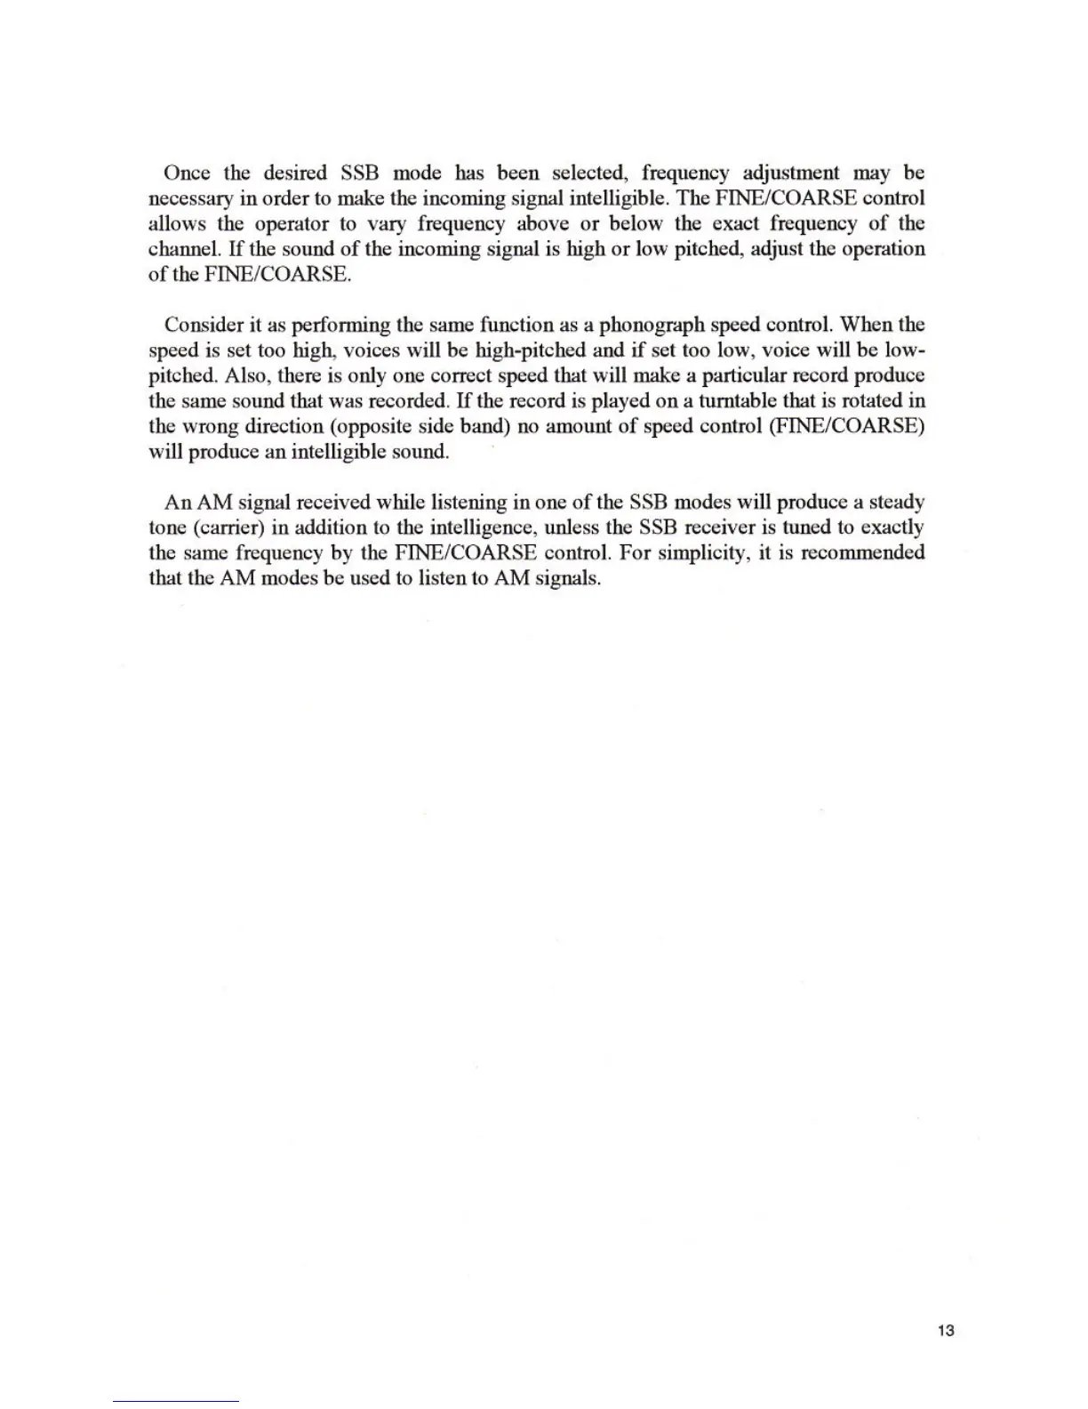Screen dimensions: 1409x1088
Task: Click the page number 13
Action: coord(945,1331)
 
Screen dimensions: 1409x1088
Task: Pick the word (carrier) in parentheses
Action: coord(227,527)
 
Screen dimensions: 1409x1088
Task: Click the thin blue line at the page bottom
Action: coord(176,1401)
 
